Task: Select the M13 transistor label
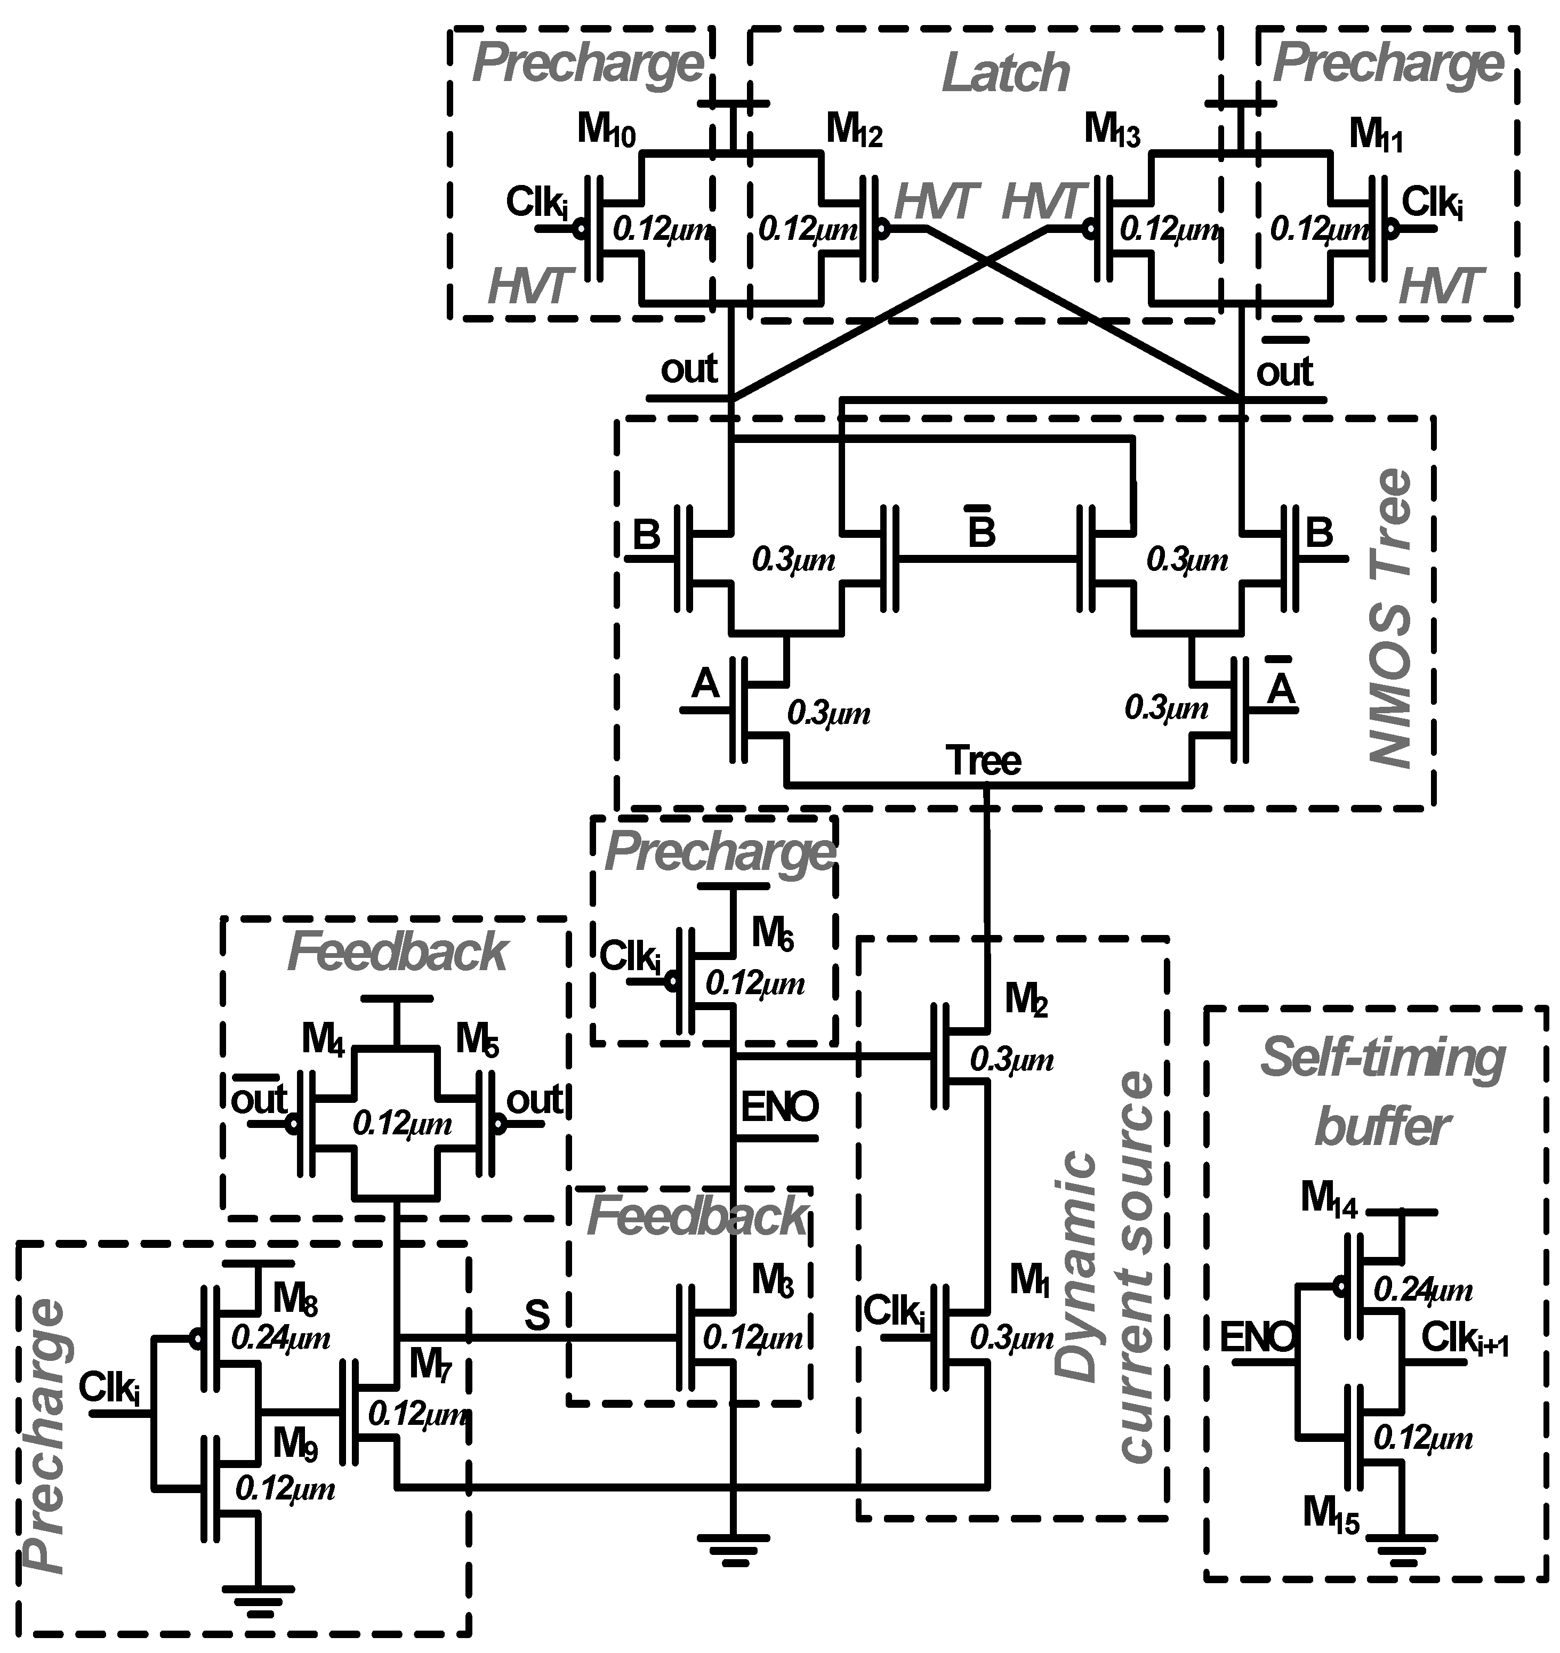1112,131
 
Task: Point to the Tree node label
984,761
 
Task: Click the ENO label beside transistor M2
779,1107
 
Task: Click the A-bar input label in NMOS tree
1281,687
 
